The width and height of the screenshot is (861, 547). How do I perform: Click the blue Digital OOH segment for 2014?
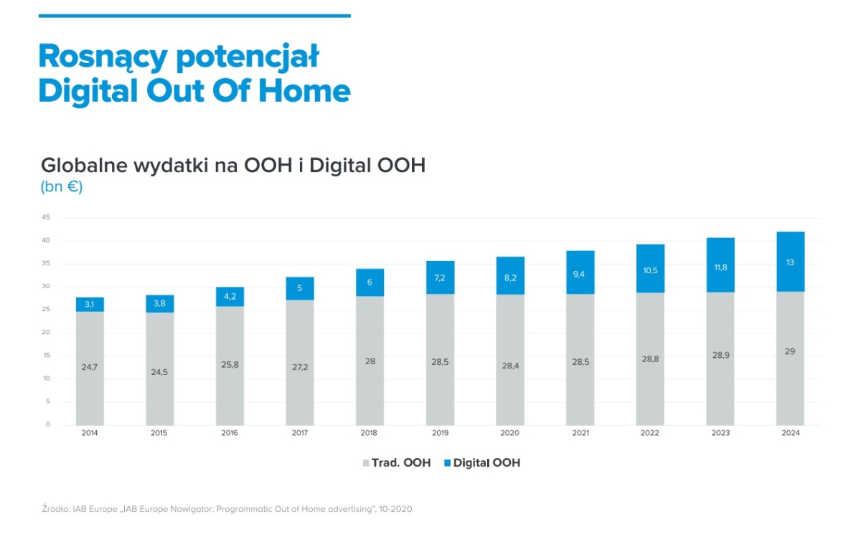point(90,305)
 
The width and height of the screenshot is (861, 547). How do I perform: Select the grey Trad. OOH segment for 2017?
point(300,362)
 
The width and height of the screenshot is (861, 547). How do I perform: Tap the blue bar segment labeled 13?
point(790,262)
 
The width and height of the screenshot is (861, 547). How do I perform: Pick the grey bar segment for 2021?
point(580,358)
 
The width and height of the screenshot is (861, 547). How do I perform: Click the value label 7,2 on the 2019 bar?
point(440,277)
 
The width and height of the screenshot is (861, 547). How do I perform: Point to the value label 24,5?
point(160,372)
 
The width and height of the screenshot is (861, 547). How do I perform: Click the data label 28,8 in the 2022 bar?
point(650,358)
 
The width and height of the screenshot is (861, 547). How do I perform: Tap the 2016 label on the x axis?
point(230,433)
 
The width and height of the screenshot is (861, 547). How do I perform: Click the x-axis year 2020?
point(510,433)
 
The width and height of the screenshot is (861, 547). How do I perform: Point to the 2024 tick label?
point(790,433)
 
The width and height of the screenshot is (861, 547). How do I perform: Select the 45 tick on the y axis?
point(46,217)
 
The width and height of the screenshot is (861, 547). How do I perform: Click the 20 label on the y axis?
point(46,333)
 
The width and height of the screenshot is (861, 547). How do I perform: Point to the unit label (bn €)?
point(62,188)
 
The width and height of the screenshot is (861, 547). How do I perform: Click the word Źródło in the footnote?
point(56,509)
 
